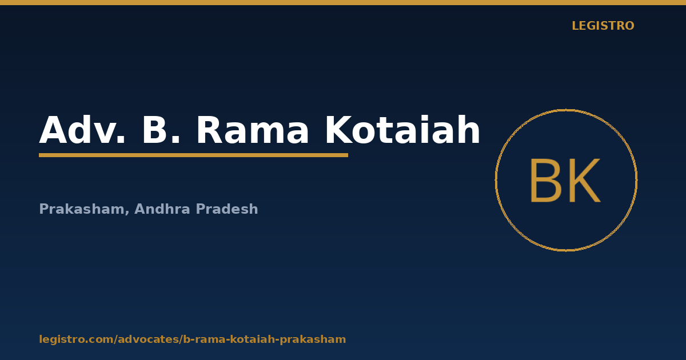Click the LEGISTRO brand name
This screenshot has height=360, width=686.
(603, 26)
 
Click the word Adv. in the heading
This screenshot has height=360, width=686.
(82, 130)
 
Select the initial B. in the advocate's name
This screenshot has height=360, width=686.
(161, 130)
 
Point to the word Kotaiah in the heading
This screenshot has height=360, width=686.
(402, 129)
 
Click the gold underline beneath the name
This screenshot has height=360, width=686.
(194, 155)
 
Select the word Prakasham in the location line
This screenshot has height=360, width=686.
(81, 209)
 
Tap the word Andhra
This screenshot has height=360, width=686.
(162, 209)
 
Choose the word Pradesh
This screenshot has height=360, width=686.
(227, 209)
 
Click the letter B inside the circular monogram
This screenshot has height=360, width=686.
(545, 181)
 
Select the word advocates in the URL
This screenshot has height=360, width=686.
(148, 339)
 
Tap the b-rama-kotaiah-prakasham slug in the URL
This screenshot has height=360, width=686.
(265, 339)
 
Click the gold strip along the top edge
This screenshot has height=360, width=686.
(343, 2)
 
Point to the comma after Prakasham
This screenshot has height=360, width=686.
(127, 213)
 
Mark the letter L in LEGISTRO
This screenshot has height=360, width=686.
(576, 26)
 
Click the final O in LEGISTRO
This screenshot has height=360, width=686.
(629, 26)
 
